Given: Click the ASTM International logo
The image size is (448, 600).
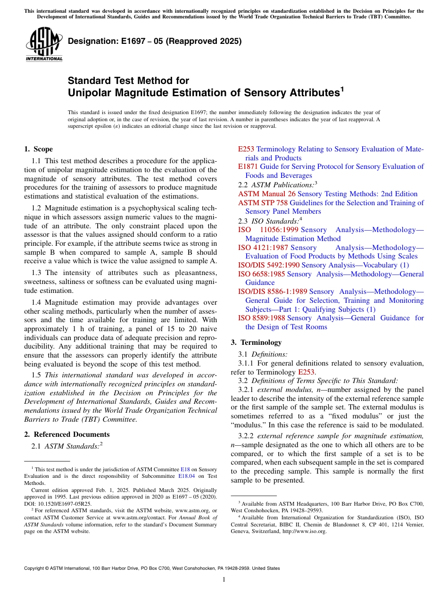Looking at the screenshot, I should [x=43, y=44].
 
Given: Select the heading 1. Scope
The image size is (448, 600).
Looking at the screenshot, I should [x=38, y=149].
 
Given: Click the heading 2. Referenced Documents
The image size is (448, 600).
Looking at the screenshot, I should [x=66, y=434].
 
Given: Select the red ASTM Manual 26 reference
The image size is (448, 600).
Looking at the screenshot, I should [x=267, y=194].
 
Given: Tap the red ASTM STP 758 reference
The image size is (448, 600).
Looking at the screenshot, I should [x=263, y=203].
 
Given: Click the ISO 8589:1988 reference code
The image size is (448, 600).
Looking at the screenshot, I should [x=261, y=318].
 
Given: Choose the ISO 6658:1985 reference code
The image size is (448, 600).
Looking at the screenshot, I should [x=261, y=274].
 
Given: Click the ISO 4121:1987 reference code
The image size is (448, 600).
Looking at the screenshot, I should [x=263, y=248].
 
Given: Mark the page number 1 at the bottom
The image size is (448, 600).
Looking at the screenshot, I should [x=224, y=580].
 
